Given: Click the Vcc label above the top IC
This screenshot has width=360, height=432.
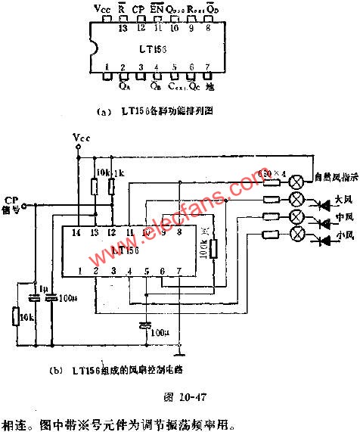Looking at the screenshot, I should pos(101,9).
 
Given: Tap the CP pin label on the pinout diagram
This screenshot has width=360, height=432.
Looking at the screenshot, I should pos(138,9).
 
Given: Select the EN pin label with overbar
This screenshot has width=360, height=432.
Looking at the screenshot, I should pos(157,9).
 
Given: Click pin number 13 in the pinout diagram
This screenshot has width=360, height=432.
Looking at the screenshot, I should pos(122,29).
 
